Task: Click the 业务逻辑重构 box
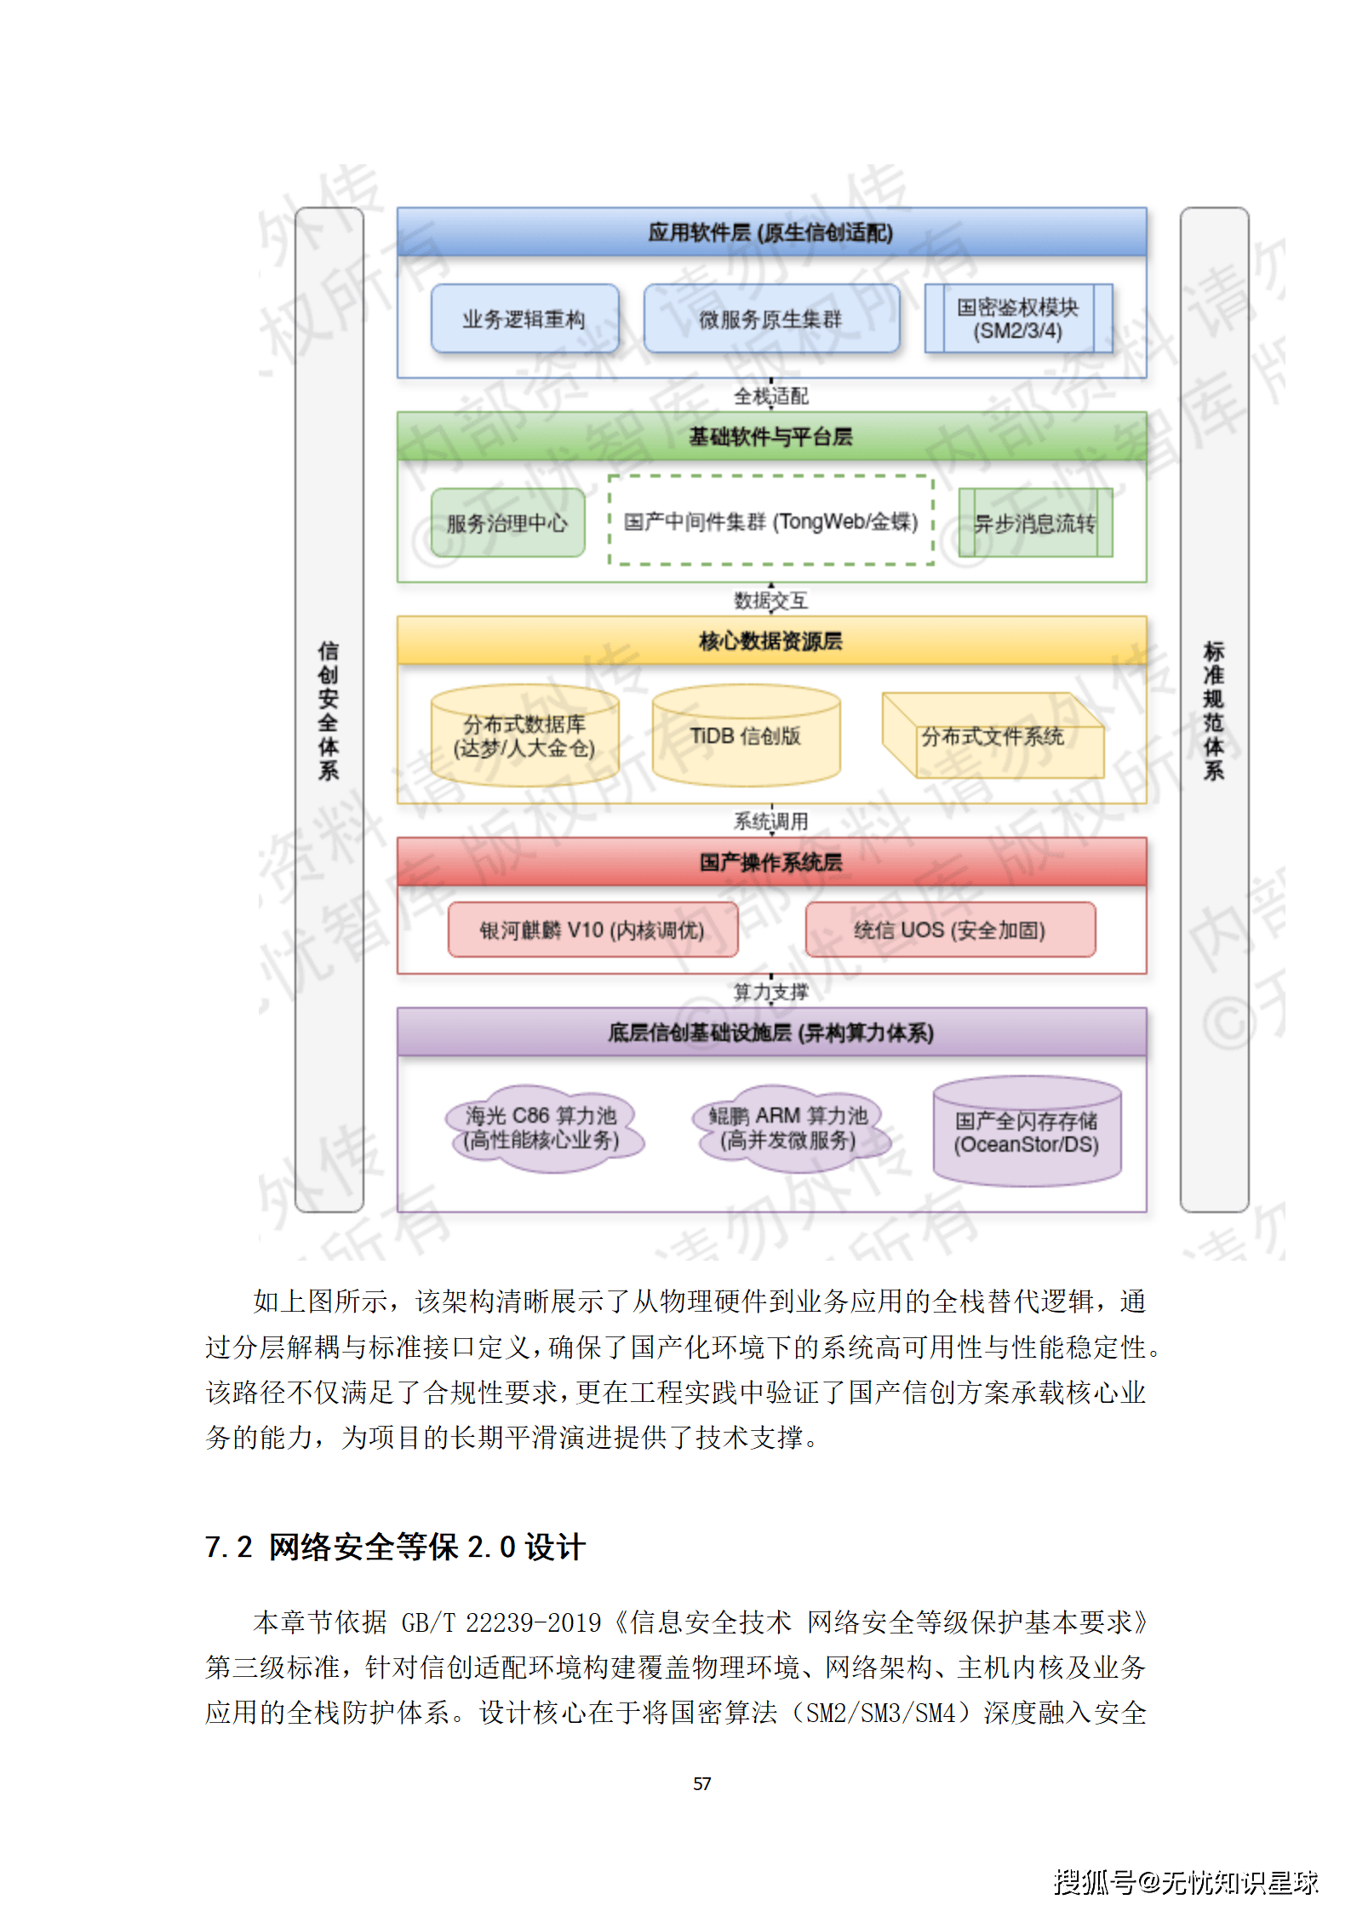(524, 318)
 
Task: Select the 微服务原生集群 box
(770, 318)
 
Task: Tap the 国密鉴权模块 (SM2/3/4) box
(1018, 318)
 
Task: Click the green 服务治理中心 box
(507, 523)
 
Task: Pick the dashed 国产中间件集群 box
(770, 521)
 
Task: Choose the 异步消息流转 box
(1035, 523)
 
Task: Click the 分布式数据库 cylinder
(524, 736)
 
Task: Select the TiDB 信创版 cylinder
(746, 736)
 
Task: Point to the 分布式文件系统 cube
(993, 736)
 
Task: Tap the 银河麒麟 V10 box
(592, 930)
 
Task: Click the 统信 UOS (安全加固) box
(950, 930)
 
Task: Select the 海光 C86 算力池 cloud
(542, 1128)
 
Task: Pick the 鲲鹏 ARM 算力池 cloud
(788, 1128)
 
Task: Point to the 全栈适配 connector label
(771, 396)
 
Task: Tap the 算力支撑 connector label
(771, 992)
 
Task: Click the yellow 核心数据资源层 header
(771, 640)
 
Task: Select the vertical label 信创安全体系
(329, 710)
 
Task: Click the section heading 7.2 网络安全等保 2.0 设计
(395, 1547)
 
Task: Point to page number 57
(702, 1783)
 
